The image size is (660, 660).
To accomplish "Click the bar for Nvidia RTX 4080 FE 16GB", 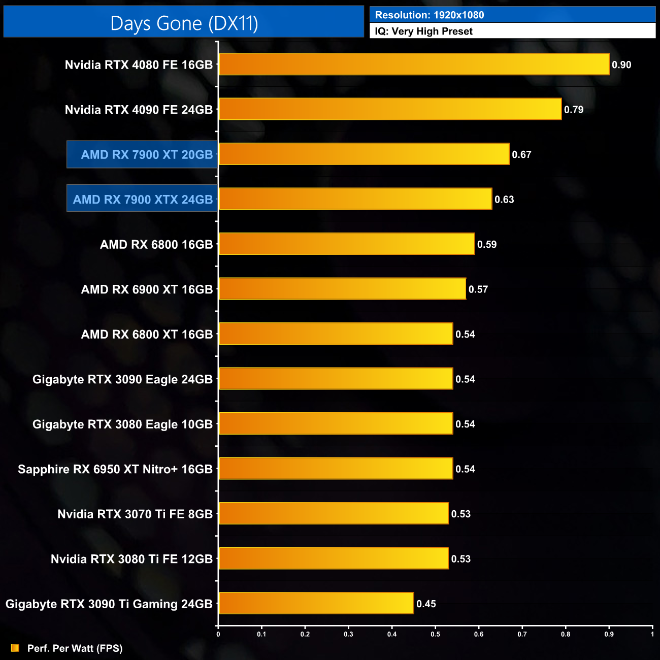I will point(414,64).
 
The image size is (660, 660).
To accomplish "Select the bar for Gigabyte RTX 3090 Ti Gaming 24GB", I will point(316,603).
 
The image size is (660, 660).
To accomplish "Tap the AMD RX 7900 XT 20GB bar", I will point(364,154).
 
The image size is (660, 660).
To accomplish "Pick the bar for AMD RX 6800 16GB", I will point(346,244).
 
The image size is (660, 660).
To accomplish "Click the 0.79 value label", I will point(574,110).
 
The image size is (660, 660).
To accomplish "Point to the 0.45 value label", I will point(426,604).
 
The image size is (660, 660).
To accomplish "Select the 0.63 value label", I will point(504,200).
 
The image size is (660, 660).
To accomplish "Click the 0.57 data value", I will point(478,289).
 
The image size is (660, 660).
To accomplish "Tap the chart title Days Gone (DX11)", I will point(184,23).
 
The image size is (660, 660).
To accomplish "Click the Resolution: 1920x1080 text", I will point(430,15).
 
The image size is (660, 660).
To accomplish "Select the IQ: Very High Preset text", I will point(423,31).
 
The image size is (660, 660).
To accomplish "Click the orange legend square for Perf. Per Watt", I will point(15,648).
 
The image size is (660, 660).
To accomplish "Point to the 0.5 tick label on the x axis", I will point(436,634).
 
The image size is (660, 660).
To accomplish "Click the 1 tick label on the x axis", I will point(652,634).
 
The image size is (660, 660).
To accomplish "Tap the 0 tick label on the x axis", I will point(218,634).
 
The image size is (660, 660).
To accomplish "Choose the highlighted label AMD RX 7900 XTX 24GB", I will point(143,200).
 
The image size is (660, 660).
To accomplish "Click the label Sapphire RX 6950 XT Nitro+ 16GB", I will point(115,469).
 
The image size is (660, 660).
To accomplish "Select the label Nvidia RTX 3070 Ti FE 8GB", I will point(135,514).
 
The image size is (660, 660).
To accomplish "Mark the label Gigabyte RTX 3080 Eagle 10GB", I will point(122,424).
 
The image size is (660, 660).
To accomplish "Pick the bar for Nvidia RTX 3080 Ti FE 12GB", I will point(333,558).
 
